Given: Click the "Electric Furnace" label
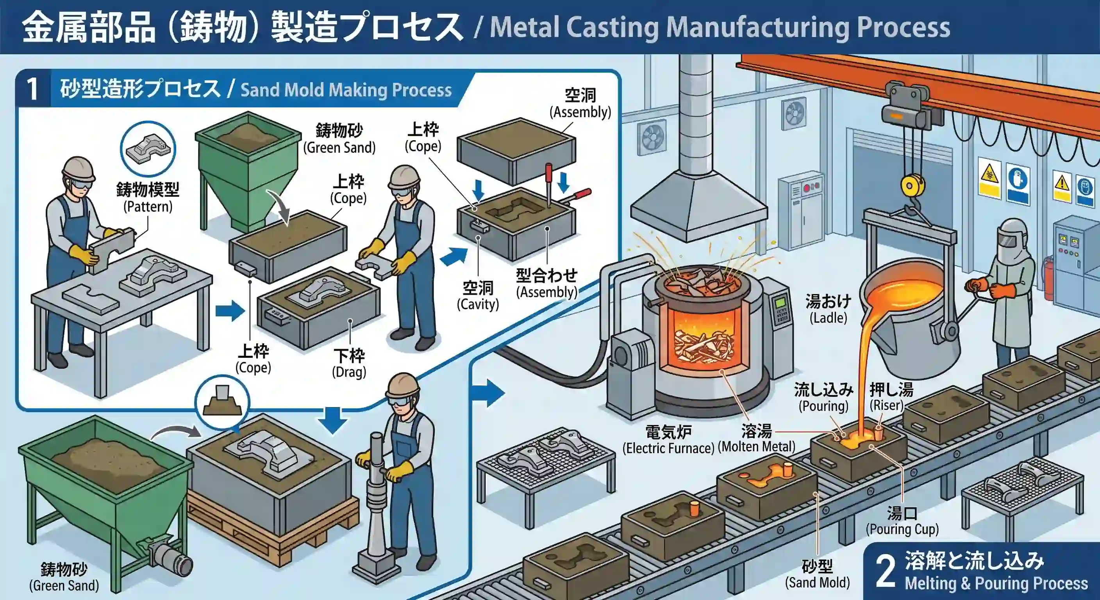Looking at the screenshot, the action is (x=668, y=440).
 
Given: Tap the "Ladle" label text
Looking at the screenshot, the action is (x=828, y=309).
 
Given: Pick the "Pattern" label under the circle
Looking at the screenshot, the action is (x=148, y=198).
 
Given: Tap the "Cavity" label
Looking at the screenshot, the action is (x=478, y=296).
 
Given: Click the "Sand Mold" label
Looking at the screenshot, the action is (x=817, y=574).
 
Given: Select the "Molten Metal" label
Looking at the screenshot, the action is (x=756, y=439).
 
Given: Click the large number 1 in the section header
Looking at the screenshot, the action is (x=32, y=90).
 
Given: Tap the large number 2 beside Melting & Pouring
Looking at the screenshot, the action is (x=885, y=571).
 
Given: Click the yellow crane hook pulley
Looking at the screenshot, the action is (x=912, y=186).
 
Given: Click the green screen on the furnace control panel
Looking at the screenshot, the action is (x=780, y=302).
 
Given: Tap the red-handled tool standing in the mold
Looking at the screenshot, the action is (x=549, y=184).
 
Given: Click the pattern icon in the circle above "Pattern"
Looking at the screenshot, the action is (x=147, y=148).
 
